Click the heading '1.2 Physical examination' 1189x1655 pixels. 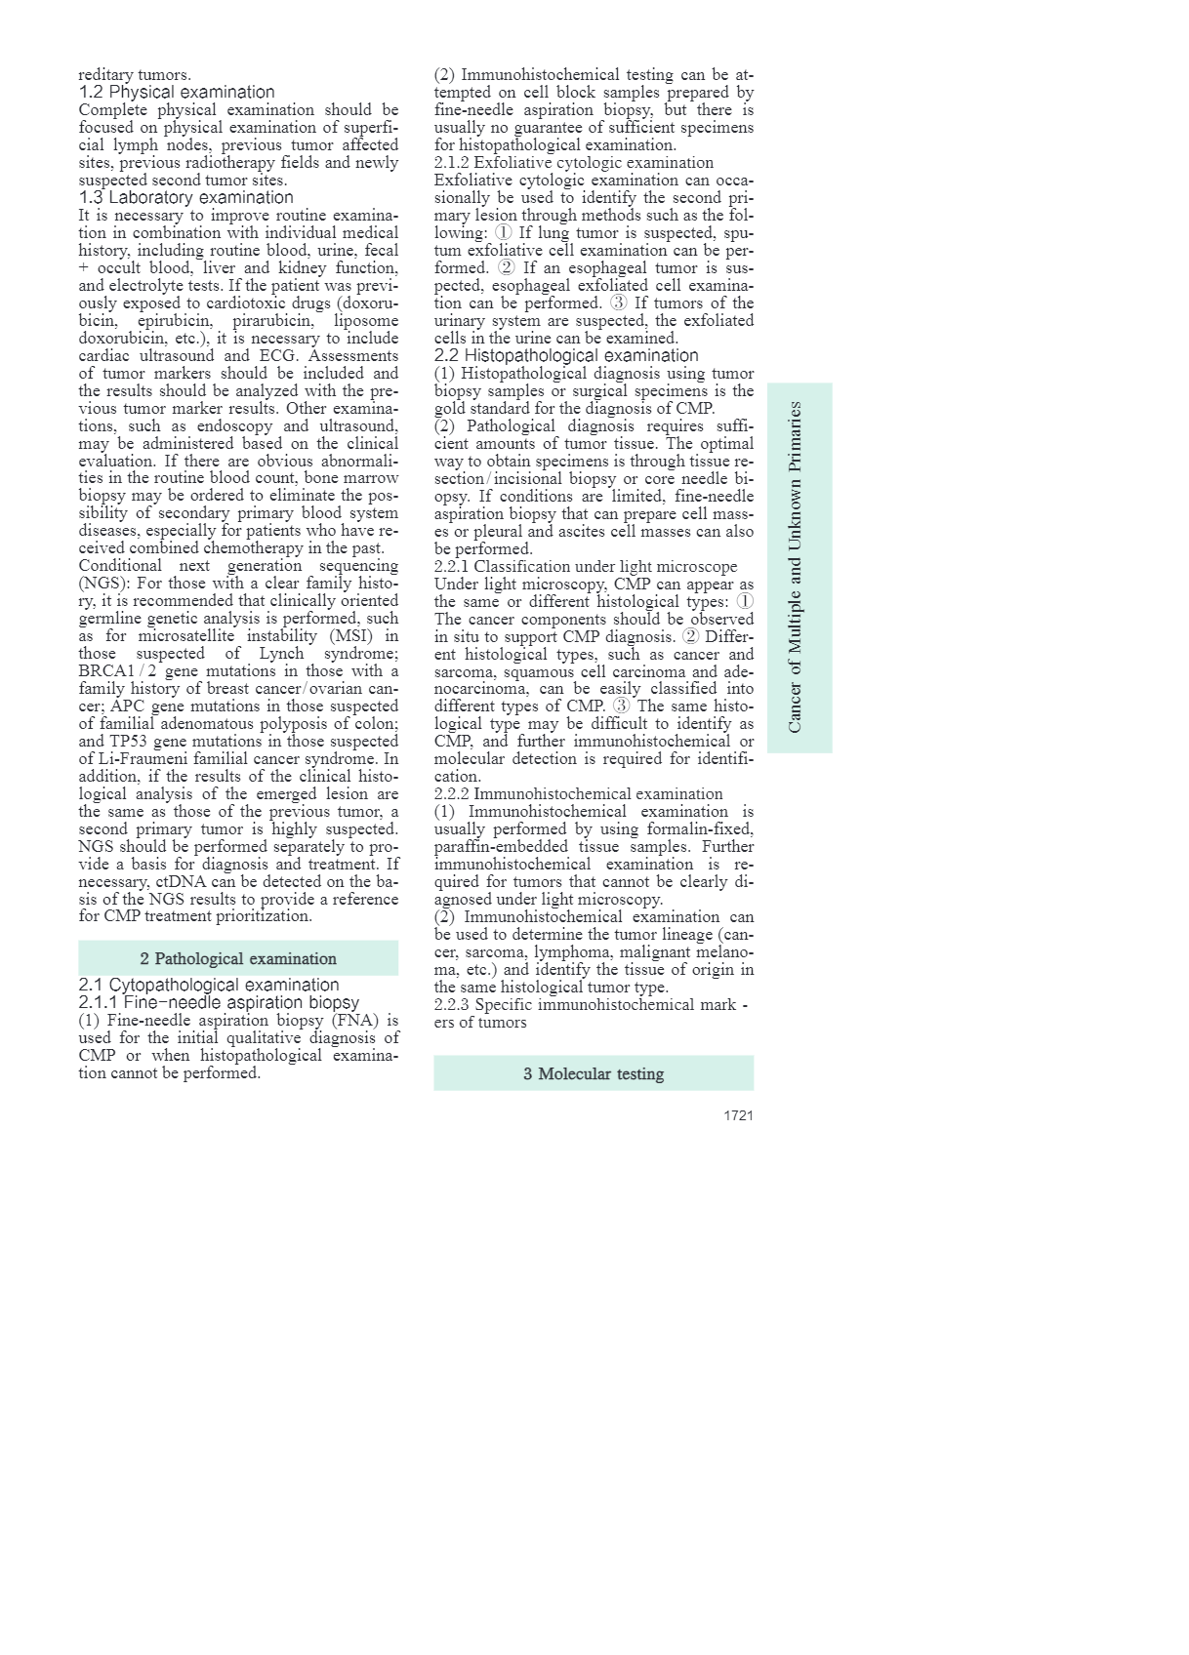pos(177,93)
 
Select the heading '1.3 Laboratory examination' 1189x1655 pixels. pos(185,198)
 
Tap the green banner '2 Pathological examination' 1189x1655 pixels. pos(238,958)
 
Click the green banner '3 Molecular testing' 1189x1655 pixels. pos(594,1073)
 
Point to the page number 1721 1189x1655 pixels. pos(738,1115)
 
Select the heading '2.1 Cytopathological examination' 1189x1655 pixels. pos(209,986)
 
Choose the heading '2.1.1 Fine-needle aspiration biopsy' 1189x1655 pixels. pos(219,1003)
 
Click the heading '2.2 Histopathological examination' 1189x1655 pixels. pos(566,356)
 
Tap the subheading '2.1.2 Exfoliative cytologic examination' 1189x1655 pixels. pos(574,163)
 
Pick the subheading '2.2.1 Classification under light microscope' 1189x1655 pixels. pos(586,567)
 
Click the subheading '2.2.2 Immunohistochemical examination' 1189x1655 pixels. pos(579,794)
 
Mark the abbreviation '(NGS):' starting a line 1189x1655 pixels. pos(102,584)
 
